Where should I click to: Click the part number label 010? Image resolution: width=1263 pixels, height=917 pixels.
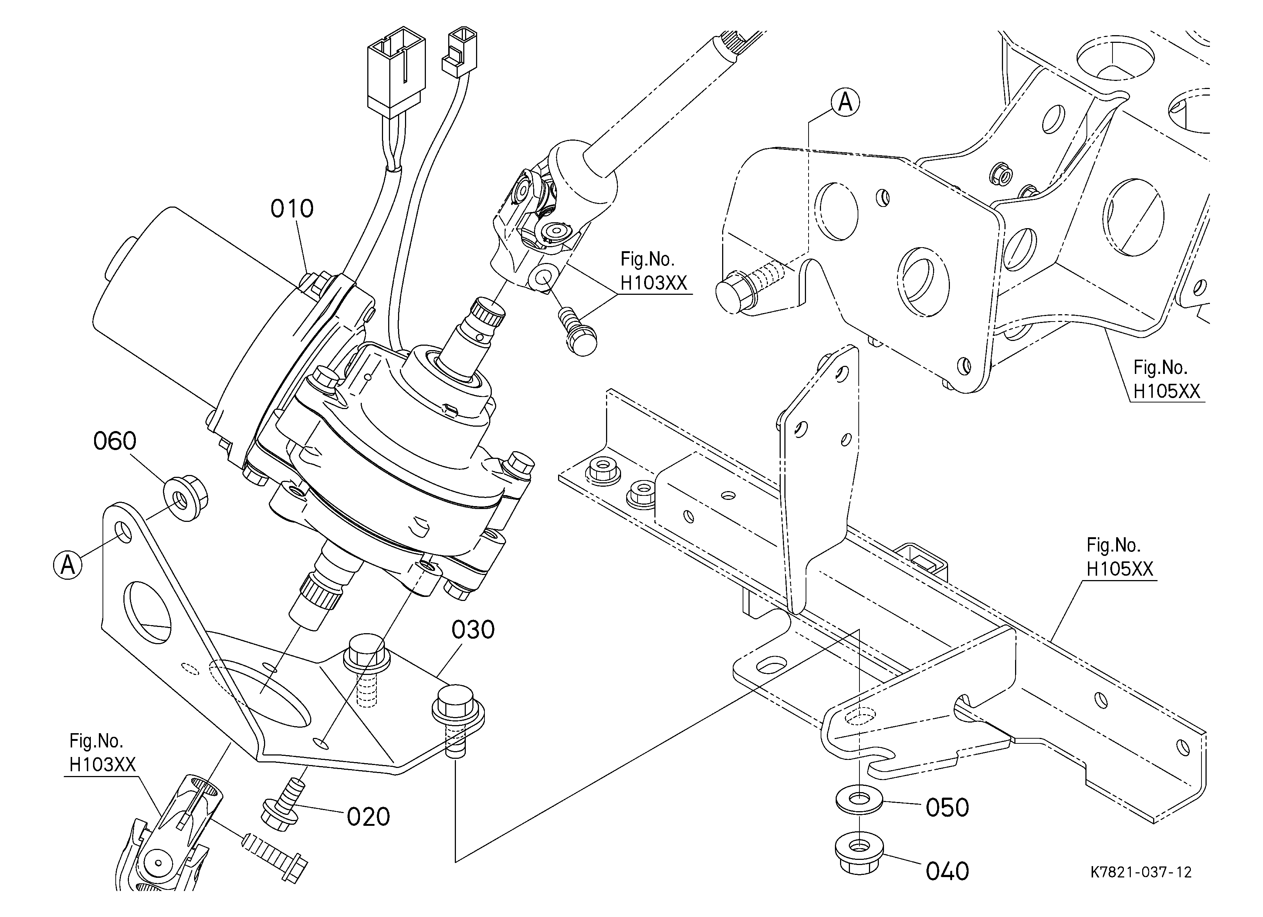292,209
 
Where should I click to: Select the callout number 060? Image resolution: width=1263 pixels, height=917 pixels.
115,441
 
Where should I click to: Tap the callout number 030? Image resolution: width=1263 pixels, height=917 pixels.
473,630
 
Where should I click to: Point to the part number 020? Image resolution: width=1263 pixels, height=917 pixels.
368,817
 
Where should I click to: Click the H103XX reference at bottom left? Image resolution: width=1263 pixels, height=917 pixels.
103,764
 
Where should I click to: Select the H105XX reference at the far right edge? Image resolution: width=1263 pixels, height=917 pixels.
1167,391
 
